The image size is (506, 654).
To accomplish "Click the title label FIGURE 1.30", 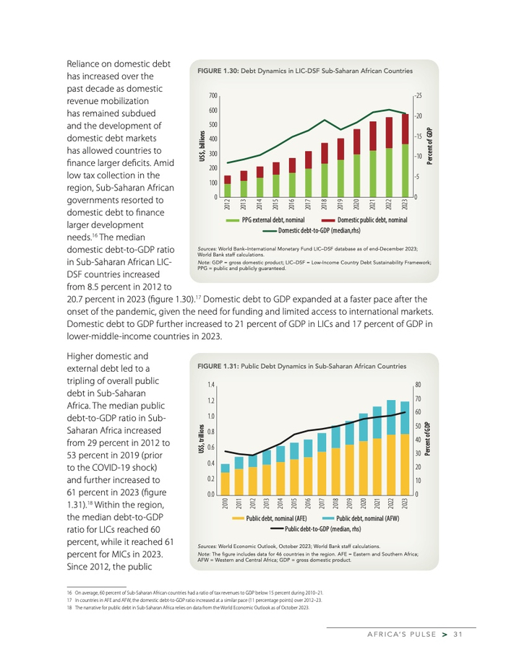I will [215, 71].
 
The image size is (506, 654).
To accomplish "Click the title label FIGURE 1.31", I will [215, 367].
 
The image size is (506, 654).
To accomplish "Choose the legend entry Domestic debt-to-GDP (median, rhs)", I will [318, 230].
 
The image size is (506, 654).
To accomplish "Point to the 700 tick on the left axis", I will [213, 96].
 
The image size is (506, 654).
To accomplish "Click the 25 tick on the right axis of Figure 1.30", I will [419, 96].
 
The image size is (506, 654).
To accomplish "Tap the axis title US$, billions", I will [203, 147].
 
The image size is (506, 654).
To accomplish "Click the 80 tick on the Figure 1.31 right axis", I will [419, 385].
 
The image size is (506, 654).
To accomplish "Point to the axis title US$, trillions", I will [202, 439].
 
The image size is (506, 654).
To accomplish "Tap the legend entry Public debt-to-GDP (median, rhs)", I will [322, 528].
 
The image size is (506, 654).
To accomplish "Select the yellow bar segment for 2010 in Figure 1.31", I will [226, 482].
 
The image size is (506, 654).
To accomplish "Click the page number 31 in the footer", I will [458, 635].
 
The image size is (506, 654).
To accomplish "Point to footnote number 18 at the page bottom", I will [69, 608].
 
